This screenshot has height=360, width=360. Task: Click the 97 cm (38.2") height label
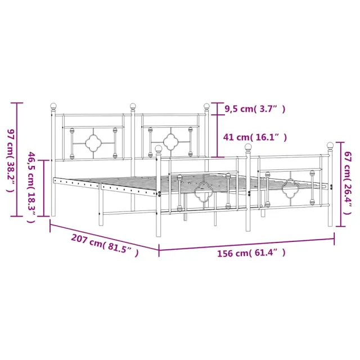point(11,160)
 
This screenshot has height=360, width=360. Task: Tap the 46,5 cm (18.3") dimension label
point(31,187)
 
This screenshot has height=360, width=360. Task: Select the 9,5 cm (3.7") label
point(255,109)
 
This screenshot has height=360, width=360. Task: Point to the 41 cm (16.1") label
point(255,137)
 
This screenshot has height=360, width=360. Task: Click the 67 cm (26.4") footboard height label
point(348,183)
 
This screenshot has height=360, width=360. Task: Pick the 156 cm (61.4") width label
point(251,253)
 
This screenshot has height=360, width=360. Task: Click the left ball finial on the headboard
point(53,106)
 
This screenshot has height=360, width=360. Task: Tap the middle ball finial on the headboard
point(133,106)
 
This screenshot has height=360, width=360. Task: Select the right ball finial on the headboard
point(206,106)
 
